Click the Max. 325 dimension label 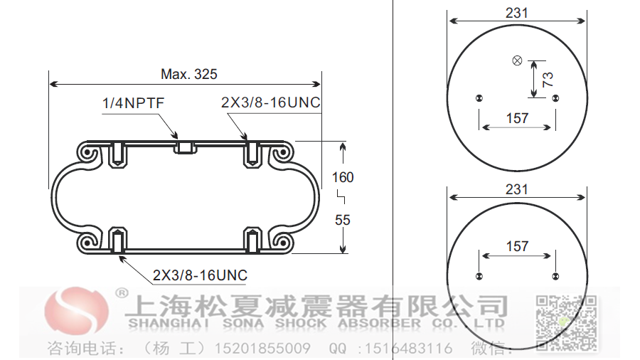click(188, 74)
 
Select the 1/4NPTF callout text click(134, 104)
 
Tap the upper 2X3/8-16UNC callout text click(271, 104)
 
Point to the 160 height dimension click(343, 177)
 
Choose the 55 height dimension click(343, 220)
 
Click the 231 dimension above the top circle click(517, 12)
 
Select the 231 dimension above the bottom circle click(517, 189)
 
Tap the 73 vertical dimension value click(548, 79)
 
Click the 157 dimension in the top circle click(517, 117)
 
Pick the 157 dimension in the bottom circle click(517, 246)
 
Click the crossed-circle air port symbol click(517, 60)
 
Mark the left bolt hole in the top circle click(479, 98)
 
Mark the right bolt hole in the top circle click(555, 98)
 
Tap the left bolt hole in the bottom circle click(479, 276)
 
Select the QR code click(565, 322)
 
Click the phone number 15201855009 click(268, 349)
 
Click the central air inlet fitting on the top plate click(185, 147)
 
